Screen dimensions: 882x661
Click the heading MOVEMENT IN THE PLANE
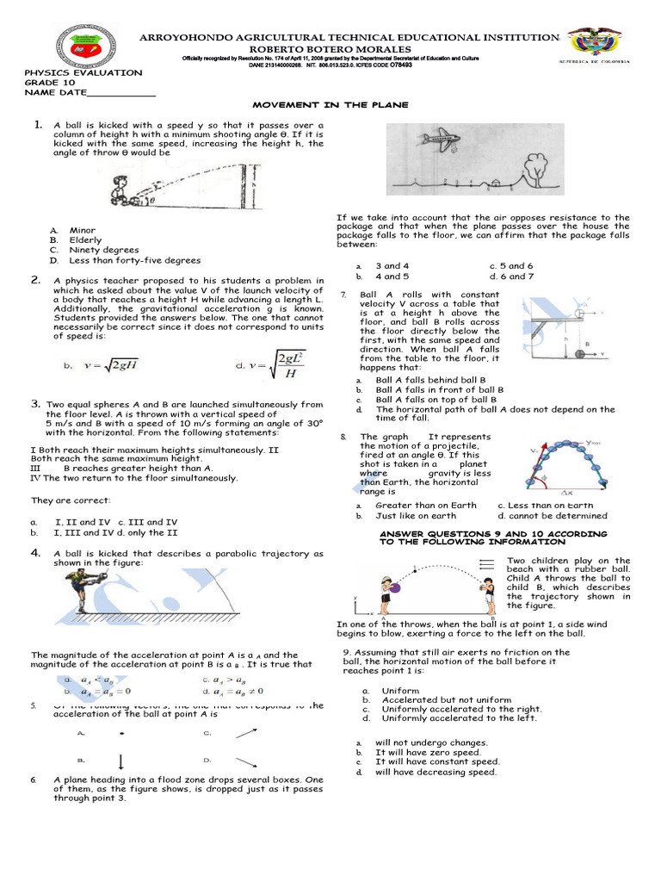click(x=329, y=103)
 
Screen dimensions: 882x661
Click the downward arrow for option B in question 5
click(x=120, y=761)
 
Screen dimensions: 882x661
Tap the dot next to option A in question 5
click(x=121, y=734)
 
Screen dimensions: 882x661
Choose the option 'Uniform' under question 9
click(x=399, y=691)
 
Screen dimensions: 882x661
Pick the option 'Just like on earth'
click(x=416, y=516)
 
